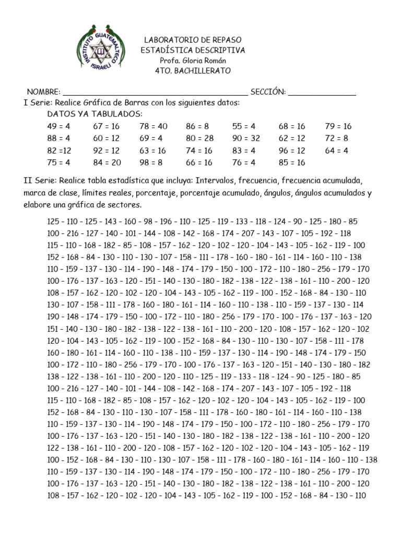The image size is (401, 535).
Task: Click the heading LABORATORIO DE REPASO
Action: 193,40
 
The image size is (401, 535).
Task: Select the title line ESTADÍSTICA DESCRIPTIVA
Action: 193,50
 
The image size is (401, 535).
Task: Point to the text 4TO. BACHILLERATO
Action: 193,71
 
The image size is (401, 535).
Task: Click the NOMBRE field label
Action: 43,92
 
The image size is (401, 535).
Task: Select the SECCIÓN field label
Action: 268,92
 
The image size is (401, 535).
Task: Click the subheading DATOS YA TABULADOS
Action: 95,114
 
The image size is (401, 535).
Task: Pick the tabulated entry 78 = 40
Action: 154,126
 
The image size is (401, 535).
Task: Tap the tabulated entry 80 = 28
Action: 199,138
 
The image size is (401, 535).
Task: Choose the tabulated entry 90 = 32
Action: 246,138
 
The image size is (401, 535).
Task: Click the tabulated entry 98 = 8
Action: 151,162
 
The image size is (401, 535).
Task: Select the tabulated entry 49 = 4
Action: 58,126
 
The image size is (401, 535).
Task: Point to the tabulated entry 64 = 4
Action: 336,150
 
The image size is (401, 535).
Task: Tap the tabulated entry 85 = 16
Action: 292,162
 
